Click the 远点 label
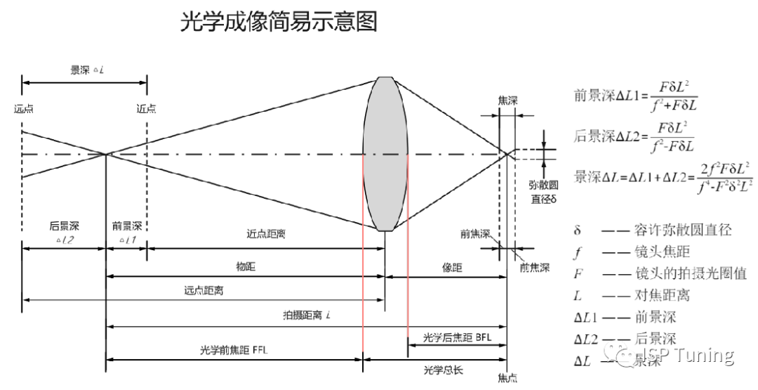pos(22,108)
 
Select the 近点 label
pos(147,108)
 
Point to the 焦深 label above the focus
pos(507,100)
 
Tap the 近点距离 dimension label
pos(266,235)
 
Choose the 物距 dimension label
pos(246,266)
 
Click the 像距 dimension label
pos(445,266)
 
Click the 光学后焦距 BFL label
pos(456,337)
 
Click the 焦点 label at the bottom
pos(507,379)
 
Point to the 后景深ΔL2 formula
pos(634,136)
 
